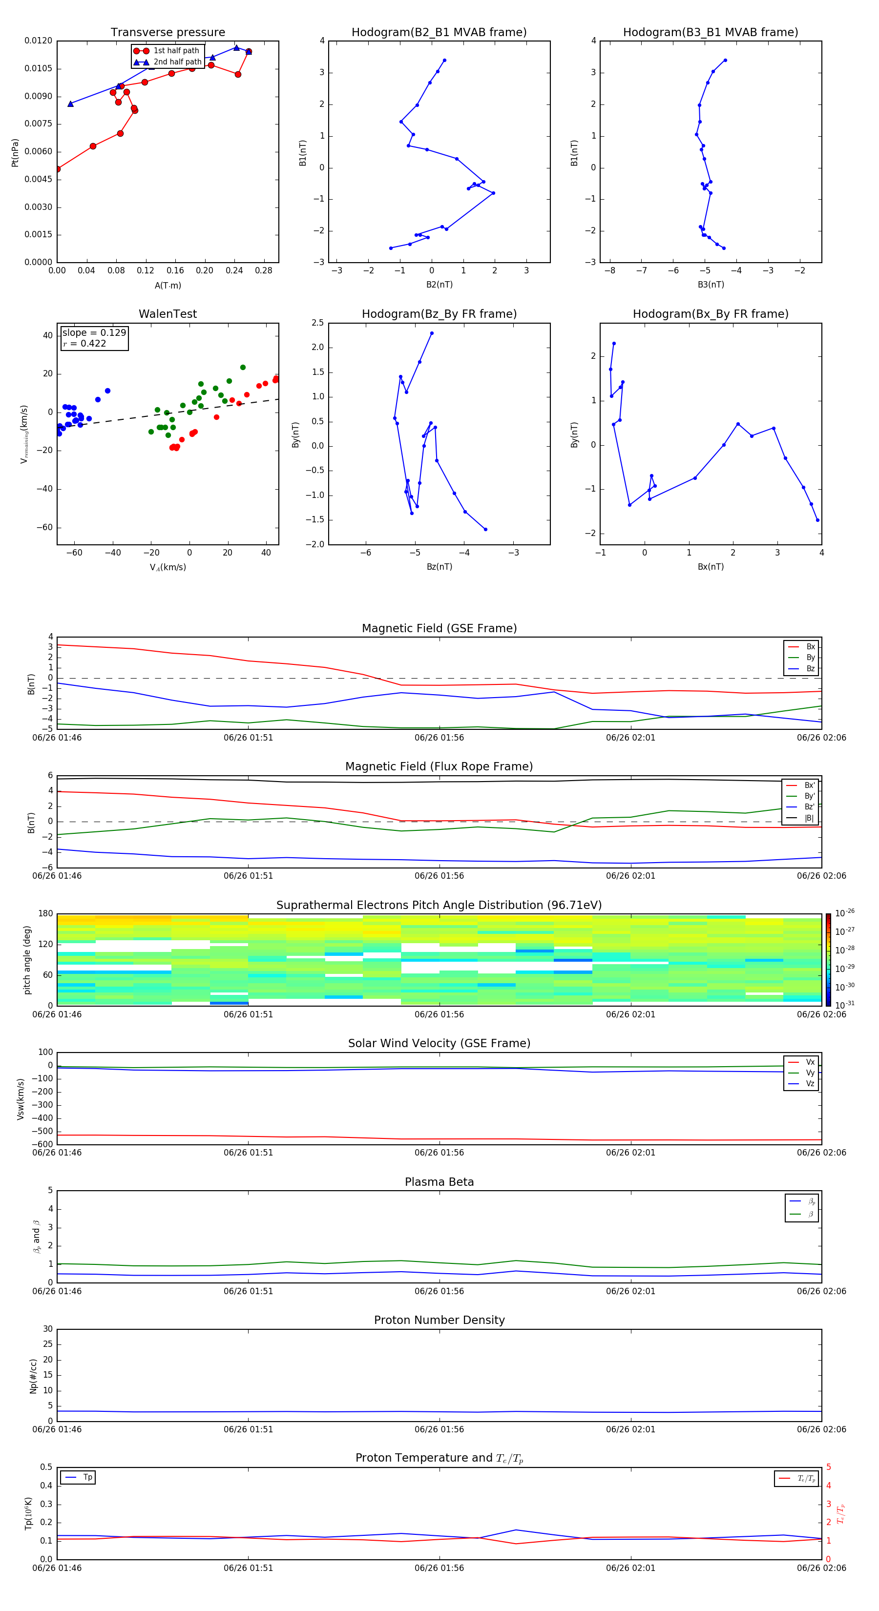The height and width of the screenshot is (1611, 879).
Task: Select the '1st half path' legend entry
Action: (176, 51)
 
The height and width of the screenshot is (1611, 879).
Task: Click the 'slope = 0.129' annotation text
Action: (94, 333)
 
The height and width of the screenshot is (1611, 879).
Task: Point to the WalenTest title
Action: (167, 314)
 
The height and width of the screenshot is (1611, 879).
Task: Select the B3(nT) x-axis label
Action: (711, 285)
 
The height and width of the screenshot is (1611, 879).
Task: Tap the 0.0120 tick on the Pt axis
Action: (39, 41)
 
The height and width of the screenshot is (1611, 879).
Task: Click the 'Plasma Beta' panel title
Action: (439, 1182)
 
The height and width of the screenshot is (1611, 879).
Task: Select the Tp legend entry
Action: (87, 1477)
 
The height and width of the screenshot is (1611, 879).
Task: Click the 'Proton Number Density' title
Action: (439, 1320)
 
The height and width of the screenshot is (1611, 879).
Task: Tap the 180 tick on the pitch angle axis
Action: (46, 914)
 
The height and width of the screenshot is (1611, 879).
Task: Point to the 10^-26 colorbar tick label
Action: (845, 912)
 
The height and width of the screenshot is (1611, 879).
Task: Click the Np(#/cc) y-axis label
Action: (34, 1376)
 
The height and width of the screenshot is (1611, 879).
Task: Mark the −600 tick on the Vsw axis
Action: (42, 1144)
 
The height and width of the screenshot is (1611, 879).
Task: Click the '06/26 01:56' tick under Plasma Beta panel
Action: (439, 1291)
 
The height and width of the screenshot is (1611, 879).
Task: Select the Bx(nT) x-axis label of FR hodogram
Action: (711, 567)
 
